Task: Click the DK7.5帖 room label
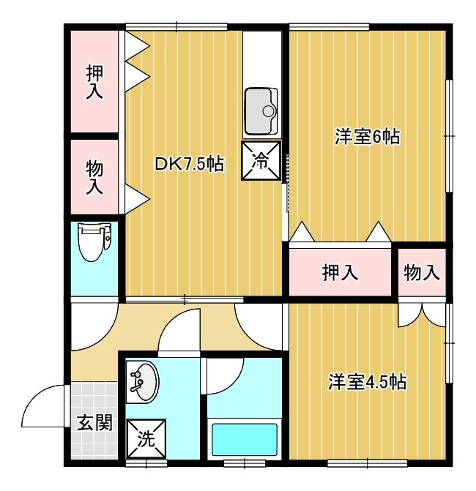189,164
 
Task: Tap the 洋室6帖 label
368,137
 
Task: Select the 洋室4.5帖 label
368,382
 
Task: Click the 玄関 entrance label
94,422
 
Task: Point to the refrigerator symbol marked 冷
261,160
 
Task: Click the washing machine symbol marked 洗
146,439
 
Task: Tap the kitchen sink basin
261,111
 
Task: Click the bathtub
245,440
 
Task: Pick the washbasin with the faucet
143,382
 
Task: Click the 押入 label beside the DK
94,83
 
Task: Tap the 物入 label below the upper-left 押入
94,177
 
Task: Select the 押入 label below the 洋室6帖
340,272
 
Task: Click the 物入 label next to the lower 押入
422,272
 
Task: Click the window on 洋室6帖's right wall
449,136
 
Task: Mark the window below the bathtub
245,463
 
